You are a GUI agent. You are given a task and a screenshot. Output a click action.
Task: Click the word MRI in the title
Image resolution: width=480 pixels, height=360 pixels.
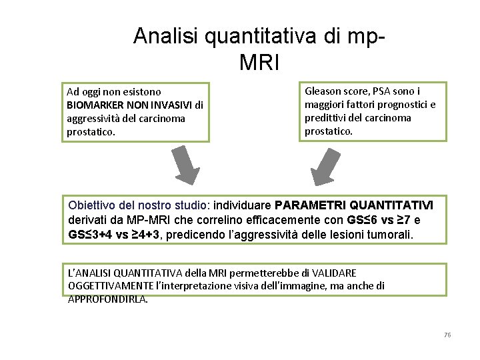[x=259, y=62]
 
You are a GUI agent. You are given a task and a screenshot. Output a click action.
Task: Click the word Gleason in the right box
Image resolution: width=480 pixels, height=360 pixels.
[x=323, y=91]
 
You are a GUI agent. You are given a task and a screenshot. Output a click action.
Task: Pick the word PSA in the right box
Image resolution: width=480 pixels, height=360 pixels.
[x=382, y=91]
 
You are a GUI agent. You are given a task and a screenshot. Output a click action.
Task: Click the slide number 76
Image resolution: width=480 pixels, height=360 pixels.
[x=447, y=334]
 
